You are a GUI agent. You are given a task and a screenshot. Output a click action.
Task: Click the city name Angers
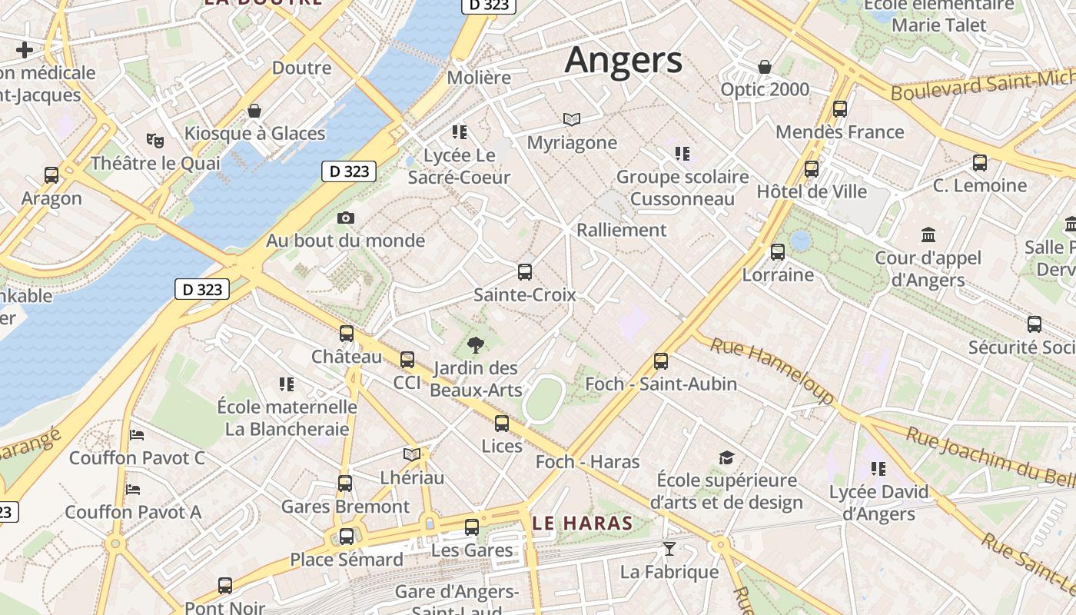(x=623, y=60)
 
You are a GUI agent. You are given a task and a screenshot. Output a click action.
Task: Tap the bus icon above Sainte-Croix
(x=525, y=271)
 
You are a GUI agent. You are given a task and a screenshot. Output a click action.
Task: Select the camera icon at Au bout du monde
(x=346, y=218)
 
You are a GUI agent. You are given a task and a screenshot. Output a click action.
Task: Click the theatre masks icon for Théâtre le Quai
(x=155, y=141)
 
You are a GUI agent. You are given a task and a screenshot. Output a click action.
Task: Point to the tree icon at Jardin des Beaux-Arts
(x=476, y=345)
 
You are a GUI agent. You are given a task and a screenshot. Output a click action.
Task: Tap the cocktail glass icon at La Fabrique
(x=669, y=549)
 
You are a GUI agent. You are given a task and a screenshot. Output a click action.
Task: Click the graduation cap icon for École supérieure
(x=726, y=458)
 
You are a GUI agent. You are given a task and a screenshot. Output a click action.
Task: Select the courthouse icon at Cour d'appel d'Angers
(x=928, y=234)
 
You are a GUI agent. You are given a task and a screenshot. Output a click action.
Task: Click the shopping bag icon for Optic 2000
(x=765, y=67)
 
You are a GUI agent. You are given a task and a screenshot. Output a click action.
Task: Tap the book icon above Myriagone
(x=571, y=119)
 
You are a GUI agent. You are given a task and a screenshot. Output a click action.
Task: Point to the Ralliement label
(x=621, y=229)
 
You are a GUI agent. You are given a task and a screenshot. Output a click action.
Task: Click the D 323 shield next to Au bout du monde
(x=349, y=171)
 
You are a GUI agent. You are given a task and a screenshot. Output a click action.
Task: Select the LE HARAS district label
(x=582, y=524)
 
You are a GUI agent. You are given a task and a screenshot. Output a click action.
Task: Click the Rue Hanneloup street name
(x=772, y=370)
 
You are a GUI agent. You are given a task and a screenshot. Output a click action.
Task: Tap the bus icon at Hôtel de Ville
(x=812, y=169)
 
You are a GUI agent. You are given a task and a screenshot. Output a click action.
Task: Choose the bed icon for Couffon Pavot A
(x=133, y=489)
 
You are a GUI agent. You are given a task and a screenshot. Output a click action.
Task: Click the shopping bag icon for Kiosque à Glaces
(x=254, y=111)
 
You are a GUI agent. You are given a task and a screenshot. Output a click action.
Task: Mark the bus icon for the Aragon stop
(x=51, y=175)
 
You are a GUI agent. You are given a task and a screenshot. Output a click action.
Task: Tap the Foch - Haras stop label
(x=587, y=461)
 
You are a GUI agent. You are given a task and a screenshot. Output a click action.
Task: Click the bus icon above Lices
(x=502, y=423)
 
